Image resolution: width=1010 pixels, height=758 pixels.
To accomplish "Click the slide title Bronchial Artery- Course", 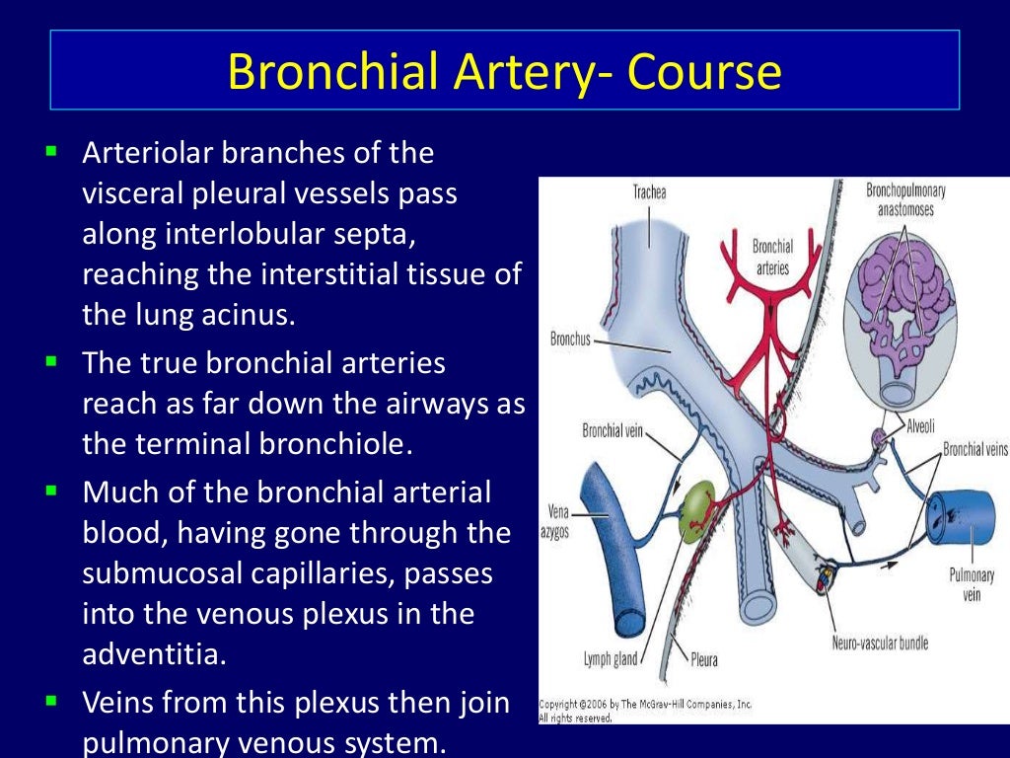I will click(x=504, y=71).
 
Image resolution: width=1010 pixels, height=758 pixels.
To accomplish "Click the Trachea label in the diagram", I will click(x=649, y=192).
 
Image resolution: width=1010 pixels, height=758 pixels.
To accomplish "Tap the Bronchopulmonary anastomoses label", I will click(x=900, y=199).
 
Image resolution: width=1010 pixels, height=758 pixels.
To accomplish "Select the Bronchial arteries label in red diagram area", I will click(x=772, y=257).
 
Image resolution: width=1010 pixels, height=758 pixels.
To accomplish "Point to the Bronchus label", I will click(x=570, y=341).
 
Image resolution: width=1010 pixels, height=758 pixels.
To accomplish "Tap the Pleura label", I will click(x=704, y=659).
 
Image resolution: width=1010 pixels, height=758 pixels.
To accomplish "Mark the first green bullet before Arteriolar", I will click(x=52, y=152).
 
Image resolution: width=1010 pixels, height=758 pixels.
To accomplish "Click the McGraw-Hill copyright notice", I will click(x=646, y=705).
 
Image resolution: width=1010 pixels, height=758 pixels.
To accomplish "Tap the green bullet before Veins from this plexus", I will click(x=52, y=703).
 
